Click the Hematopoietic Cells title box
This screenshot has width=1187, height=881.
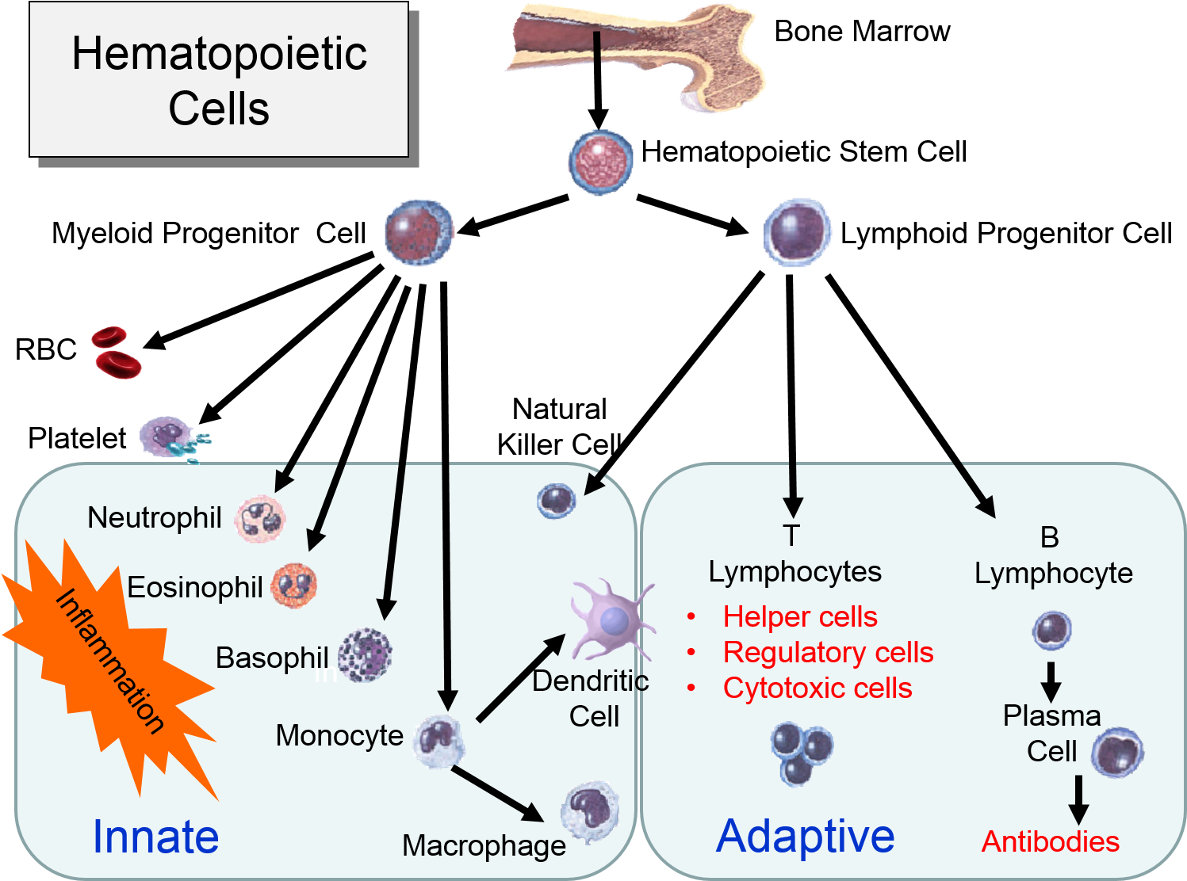coord(219,79)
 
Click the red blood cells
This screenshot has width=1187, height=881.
coord(115,352)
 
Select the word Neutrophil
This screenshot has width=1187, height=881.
coord(154,518)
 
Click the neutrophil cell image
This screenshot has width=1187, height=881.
coord(259,519)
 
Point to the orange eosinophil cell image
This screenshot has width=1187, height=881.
coord(294,586)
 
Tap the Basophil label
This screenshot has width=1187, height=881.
coord(271,658)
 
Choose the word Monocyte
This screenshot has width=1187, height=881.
coord(339,735)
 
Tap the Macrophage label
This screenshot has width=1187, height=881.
coord(484,845)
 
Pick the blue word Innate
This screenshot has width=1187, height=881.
coord(155,837)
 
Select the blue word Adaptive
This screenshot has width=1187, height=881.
coord(805,837)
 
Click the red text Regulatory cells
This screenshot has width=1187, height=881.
coord(828,652)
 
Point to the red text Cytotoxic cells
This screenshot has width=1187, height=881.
coord(817,688)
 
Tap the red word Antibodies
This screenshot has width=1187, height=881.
coord(1050,841)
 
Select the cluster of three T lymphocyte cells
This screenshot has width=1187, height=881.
coord(801,753)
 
